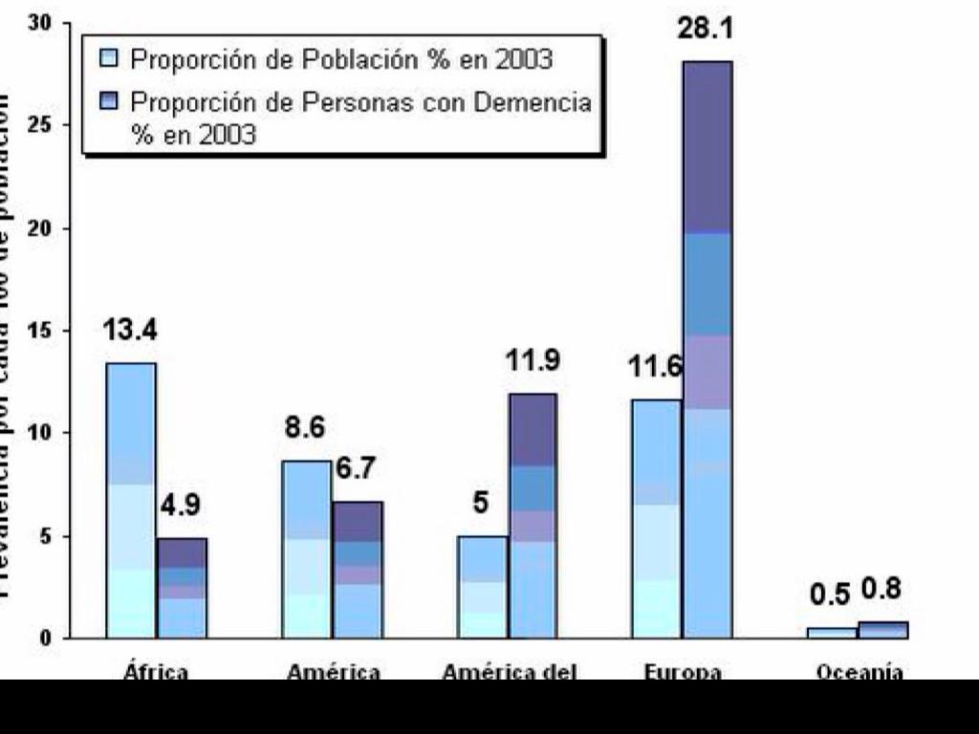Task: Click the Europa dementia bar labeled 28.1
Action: [x=707, y=349]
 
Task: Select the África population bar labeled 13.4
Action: [x=131, y=500]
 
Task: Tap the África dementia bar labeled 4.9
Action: [x=182, y=588]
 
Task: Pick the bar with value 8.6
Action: [x=307, y=550]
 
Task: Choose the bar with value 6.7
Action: [x=358, y=570]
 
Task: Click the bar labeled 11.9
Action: [x=533, y=516]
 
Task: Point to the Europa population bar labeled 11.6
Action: [x=656, y=518]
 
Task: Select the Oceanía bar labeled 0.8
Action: [x=883, y=630]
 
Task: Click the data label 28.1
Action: [x=705, y=30]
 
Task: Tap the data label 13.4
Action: [x=130, y=332]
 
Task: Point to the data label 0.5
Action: [x=830, y=594]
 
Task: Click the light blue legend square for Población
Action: [x=109, y=59]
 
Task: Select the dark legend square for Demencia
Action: [x=109, y=101]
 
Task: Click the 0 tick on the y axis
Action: [x=44, y=638]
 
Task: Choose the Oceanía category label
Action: [x=859, y=672]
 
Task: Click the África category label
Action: [x=156, y=672]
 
